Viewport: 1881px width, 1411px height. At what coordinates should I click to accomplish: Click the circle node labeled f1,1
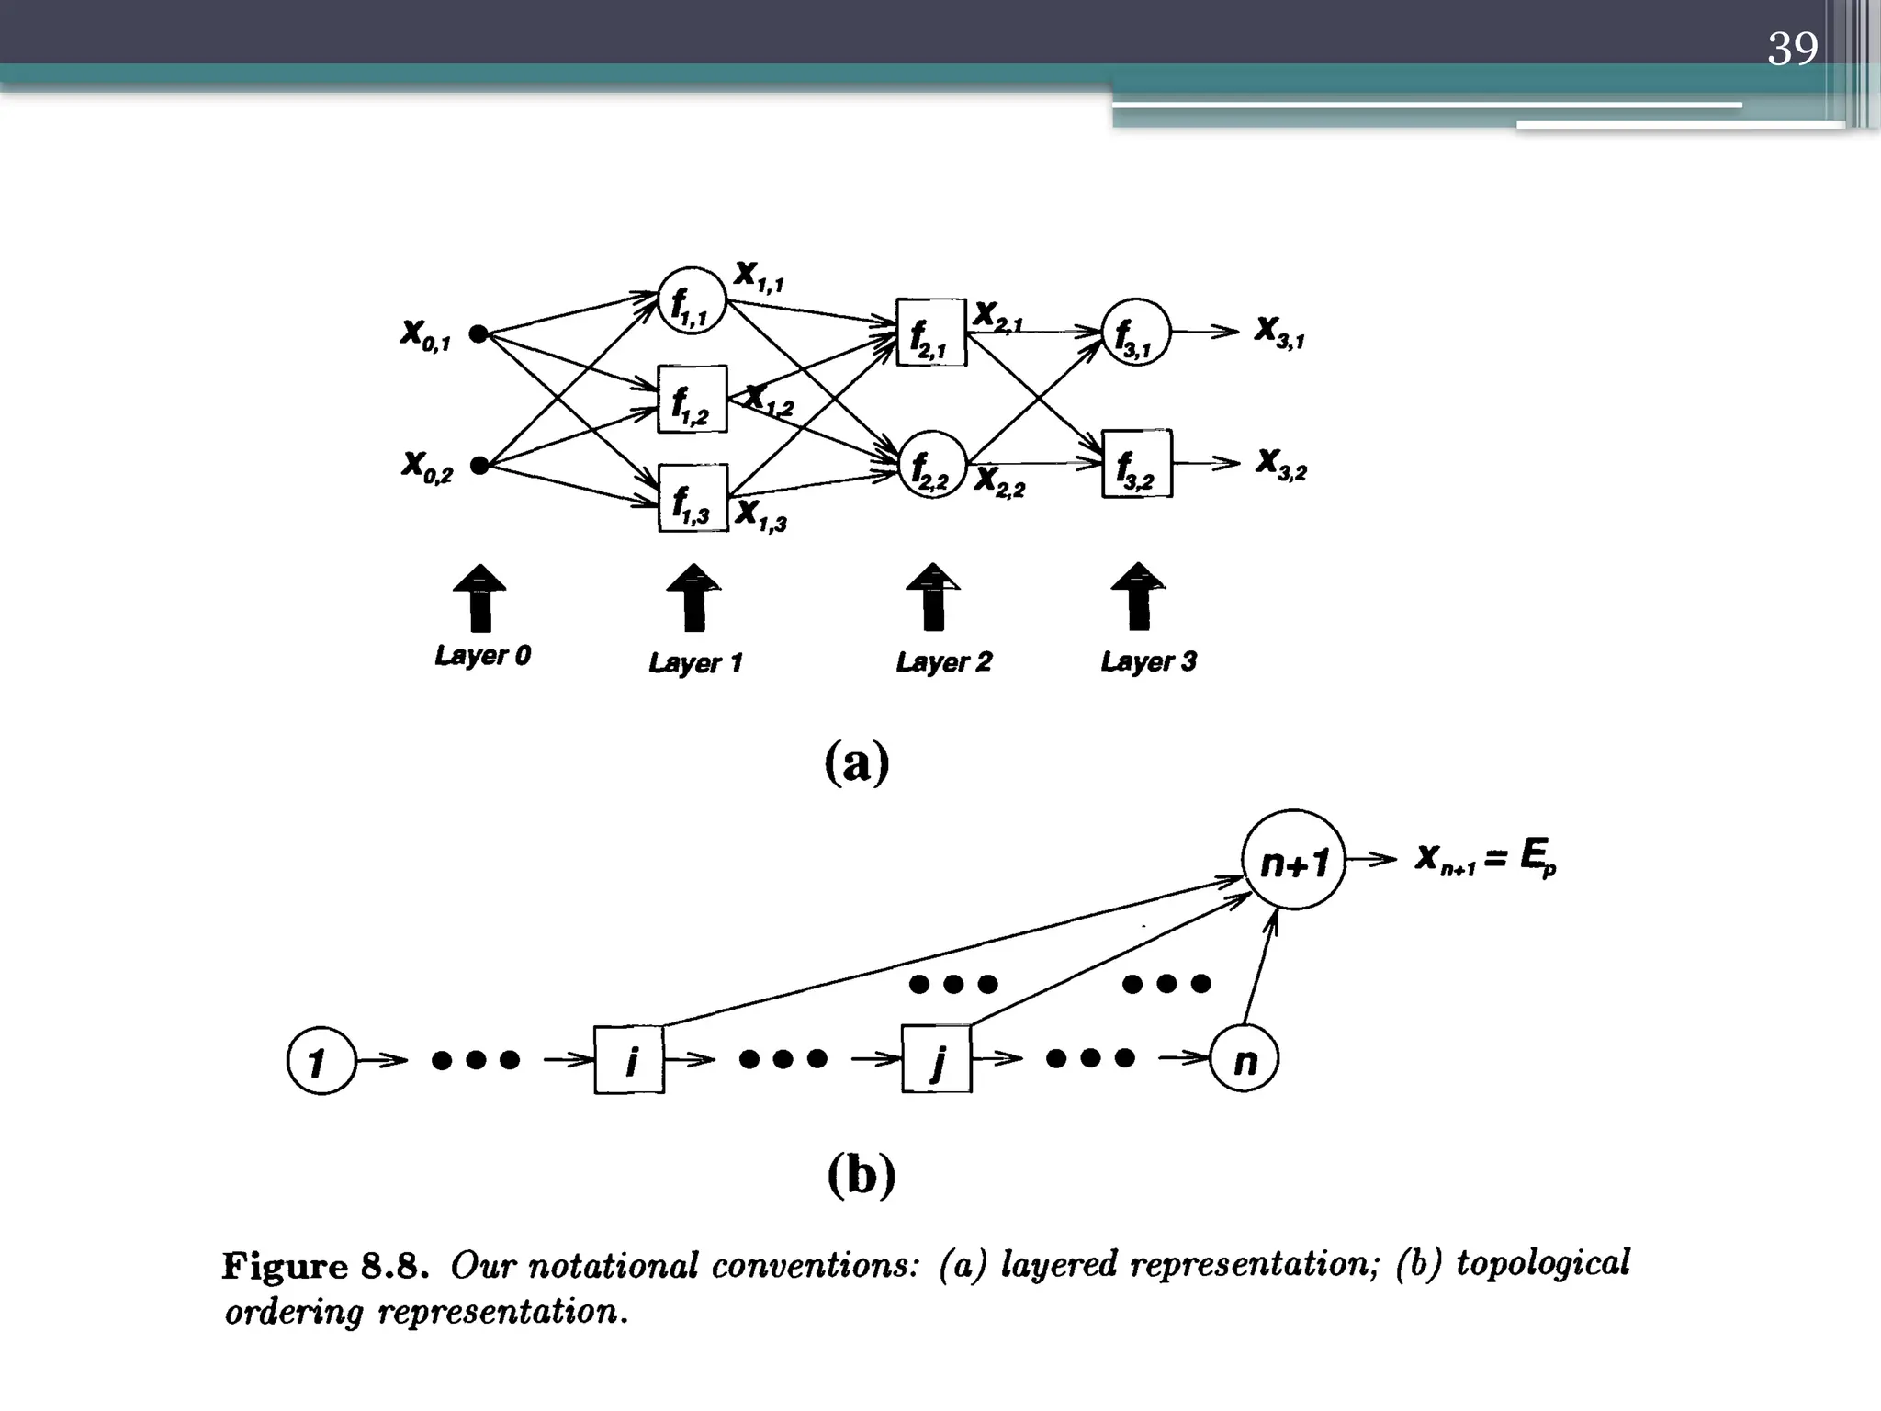[x=693, y=300]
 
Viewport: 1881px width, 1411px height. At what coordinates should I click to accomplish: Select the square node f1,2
[x=693, y=400]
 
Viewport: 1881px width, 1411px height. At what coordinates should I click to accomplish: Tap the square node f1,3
[x=693, y=498]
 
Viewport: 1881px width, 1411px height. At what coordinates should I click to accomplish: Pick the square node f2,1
[x=931, y=333]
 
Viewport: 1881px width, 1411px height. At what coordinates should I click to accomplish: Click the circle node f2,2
[x=932, y=465]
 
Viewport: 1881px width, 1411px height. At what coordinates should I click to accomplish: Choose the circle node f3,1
[x=1136, y=333]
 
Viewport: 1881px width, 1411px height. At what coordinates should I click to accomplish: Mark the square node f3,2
[x=1137, y=464]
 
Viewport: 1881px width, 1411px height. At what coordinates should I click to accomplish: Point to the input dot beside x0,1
[x=478, y=333]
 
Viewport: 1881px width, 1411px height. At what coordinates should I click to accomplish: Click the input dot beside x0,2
[x=479, y=466]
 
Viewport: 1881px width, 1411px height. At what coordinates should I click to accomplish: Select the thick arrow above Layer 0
[x=479, y=598]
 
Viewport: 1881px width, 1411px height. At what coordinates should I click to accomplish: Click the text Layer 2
[x=943, y=661]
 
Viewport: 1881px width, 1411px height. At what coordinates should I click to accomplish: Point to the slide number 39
[x=1792, y=48]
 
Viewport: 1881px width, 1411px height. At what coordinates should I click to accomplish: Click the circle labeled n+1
[x=1293, y=860]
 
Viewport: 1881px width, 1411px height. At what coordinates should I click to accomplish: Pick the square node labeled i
[x=629, y=1060]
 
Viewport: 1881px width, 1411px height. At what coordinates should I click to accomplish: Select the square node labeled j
[x=936, y=1060]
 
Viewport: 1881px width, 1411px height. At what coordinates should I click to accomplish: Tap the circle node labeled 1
[x=321, y=1061]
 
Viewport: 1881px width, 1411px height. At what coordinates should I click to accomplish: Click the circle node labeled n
[x=1245, y=1060]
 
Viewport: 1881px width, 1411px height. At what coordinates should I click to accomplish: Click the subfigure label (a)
[x=857, y=762]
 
